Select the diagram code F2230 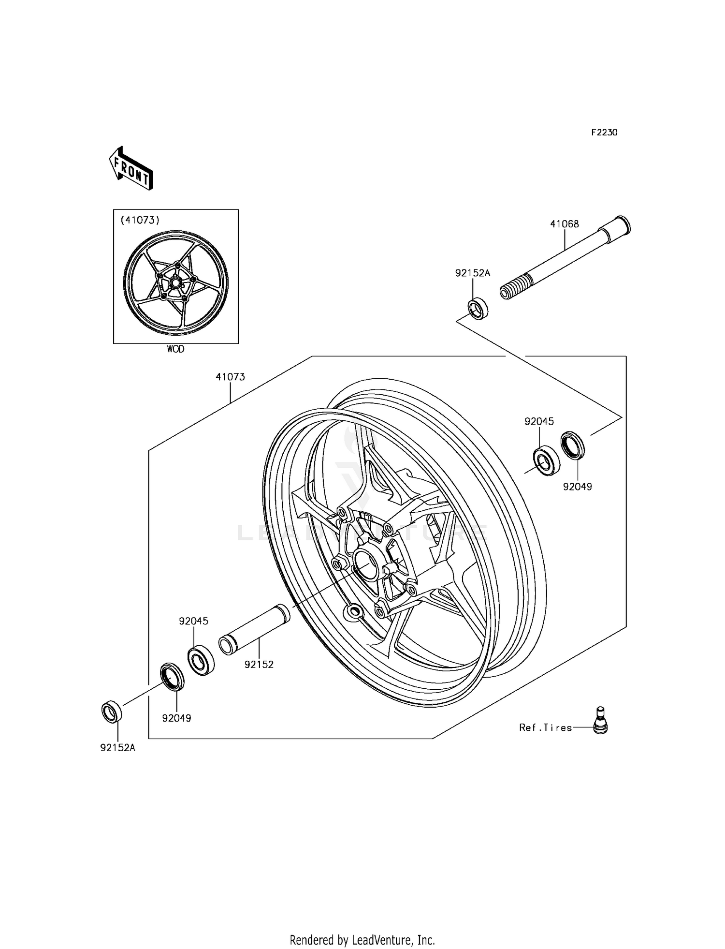[604, 133]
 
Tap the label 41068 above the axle [564, 224]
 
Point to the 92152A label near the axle [472, 273]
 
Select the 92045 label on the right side [539, 421]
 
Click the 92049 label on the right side [577, 487]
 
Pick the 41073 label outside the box [230, 377]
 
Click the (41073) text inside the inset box [140, 220]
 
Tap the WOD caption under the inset [175, 349]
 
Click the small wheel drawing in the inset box [175, 283]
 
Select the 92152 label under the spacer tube [259, 665]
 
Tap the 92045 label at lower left [193, 621]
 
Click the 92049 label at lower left [176, 718]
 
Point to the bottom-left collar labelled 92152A [112, 712]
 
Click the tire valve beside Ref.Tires [600, 721]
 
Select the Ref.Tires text [545, 727]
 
